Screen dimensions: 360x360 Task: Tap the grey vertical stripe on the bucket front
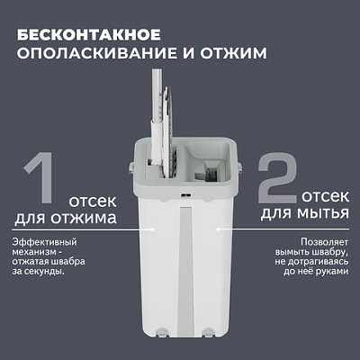point(185,270)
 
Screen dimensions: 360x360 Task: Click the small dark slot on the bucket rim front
point(184,196)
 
